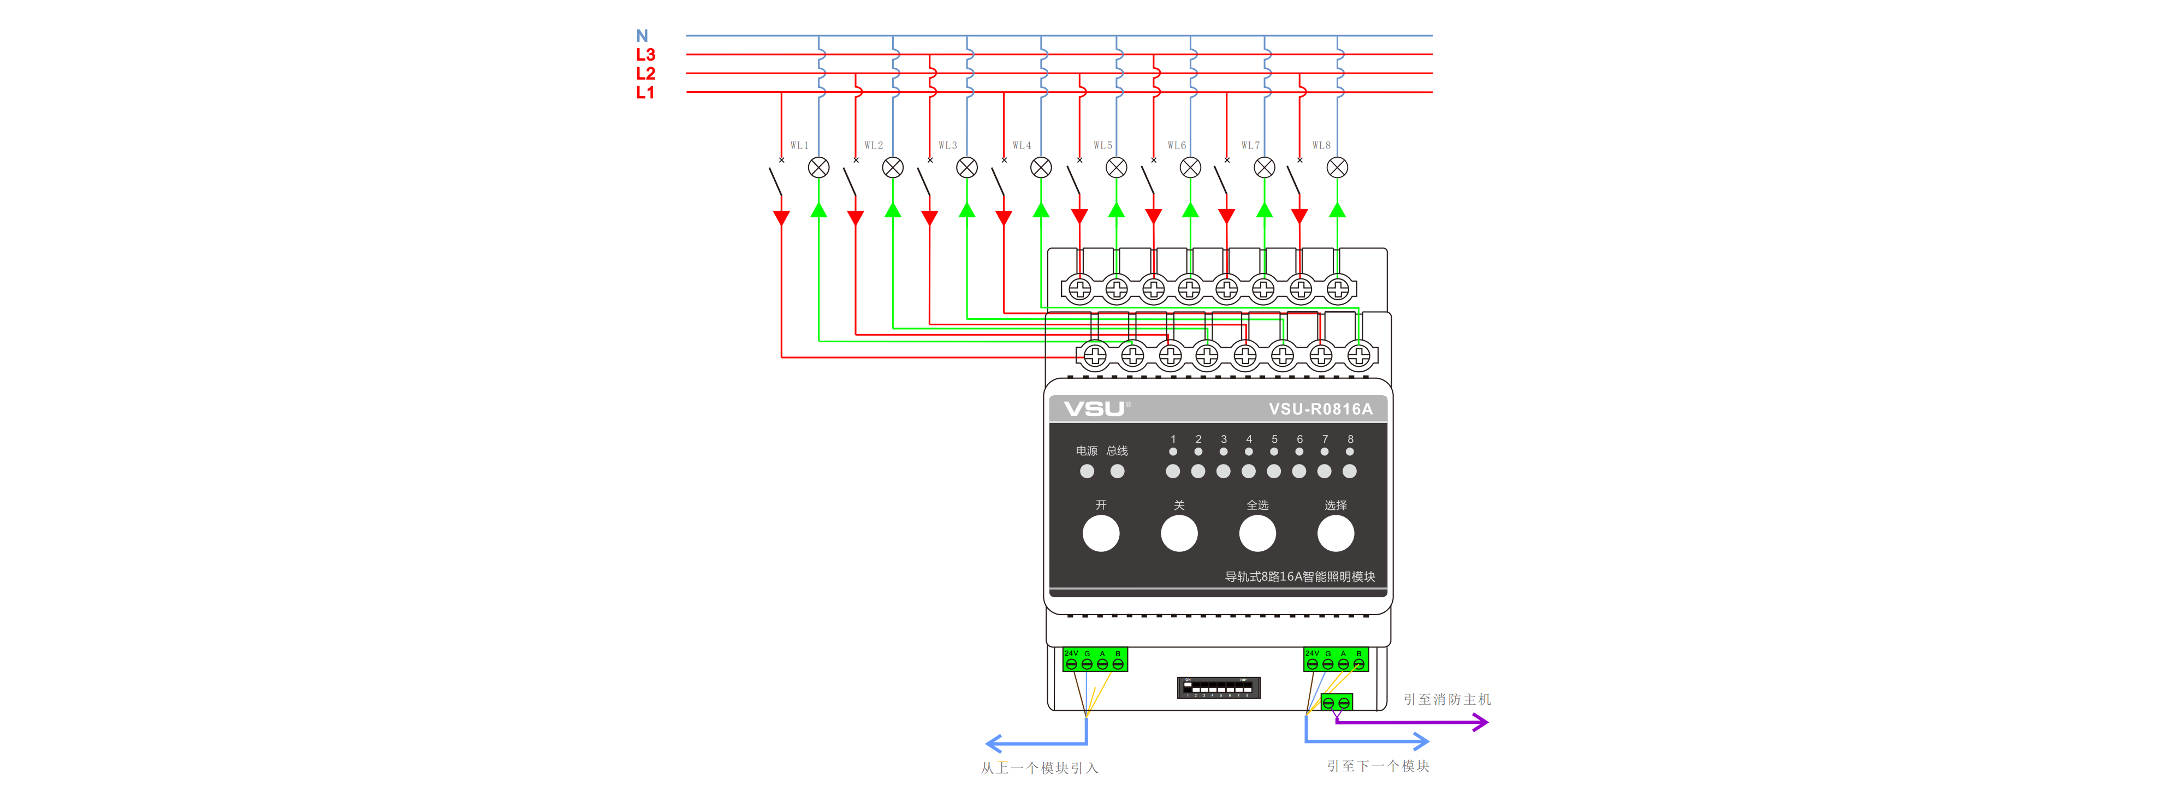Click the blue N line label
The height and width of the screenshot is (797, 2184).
pyautogui.click(x=642, y=35)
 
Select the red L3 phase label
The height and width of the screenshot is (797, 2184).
pyautogui.click(x=645, y=54)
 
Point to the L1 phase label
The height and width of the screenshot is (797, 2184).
pyautogui.click(x=645, y=92)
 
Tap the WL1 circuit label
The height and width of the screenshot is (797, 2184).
pyautogui.click(x=799, y=146)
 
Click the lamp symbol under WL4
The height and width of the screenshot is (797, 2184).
pyautogui.click(x=1041, y=168)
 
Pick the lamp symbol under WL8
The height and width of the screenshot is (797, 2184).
pyautogui.click(x=1337, y=168)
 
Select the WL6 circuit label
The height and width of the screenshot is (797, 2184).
pyautogui.click(x=1177, y=146)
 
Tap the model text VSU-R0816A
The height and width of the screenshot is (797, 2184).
pyautogui.click(x=1320, y=409)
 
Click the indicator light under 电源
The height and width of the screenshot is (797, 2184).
pyautogui.click(x=1087, y=472)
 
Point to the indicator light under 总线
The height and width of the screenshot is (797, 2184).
pyautogui.click(x=1118, y=472)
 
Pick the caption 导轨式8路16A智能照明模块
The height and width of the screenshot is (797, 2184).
pyautogui.click(x=1299, y=576)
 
